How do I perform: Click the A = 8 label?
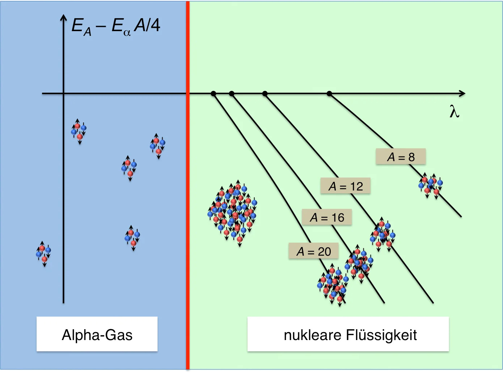click(x=401, y=157)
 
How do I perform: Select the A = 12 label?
click(x=346, y=186)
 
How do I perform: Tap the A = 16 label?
click(x=327, y=217)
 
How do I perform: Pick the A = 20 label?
click(x=313, y=251)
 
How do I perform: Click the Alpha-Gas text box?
click(x=97, y=334)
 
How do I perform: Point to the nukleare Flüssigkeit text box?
click(x=348, y=334)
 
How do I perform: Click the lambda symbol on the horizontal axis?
click(x=455, y=112)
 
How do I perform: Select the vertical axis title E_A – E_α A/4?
click(x=116, y=26)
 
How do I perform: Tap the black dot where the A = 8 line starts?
click(x=329, y=94)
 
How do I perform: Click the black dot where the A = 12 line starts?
click(x=265, y=94)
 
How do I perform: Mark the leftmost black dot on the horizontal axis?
click(x=214, y=94)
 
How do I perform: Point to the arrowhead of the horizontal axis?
click(x=462, y=94)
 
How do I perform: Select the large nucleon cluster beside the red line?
click(x=232, y=213)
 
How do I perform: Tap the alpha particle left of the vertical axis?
click(x=43, y=254)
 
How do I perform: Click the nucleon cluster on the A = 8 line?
click(x=431, y=185)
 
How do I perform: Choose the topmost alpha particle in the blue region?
click(x=79, y=131)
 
